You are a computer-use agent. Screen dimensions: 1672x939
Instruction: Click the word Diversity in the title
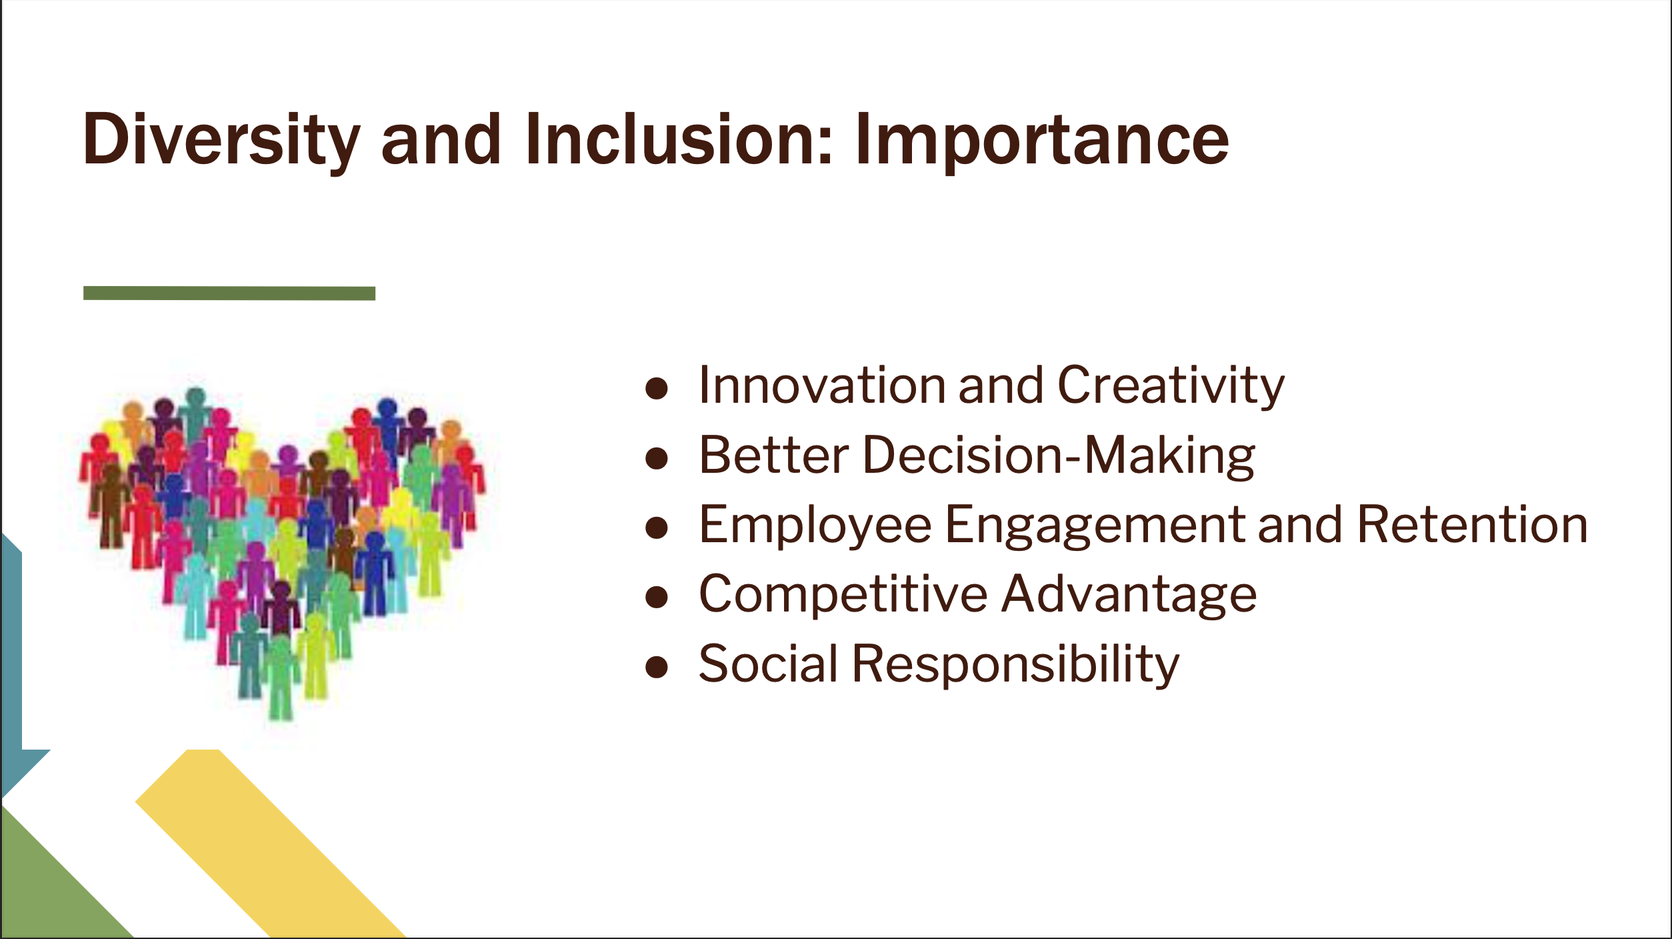(221, 141)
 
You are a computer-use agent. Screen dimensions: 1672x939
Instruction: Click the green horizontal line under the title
(229, 293)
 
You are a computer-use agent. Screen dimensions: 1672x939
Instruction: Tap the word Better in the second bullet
(773, 455)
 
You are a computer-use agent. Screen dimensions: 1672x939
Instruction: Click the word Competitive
(843, 596)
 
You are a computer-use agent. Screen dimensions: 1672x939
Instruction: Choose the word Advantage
(1129, 596)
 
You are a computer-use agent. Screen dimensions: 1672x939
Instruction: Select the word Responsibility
(1016, 666)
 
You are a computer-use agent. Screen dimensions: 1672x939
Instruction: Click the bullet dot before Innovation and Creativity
(657, 389)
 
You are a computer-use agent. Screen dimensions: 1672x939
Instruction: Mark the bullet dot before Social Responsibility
(657, 668)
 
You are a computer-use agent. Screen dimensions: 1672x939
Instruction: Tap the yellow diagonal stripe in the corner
(270, 844)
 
